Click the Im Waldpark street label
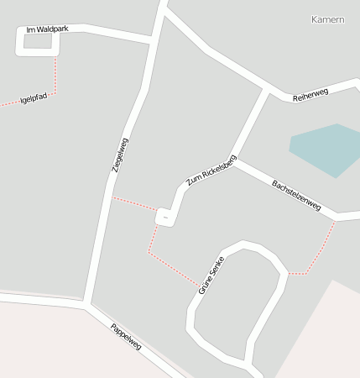tap(47, 29)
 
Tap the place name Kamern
tap(327, 19)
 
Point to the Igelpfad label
tap(34, 99)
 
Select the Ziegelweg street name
tap(120, 155)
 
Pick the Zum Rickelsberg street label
tap(211, 171)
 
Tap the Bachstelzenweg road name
tap(296, 194)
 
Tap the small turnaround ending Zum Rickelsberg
tap(166, 217)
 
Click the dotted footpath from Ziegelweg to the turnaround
tap(134, 203)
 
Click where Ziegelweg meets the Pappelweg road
tap(88, 304)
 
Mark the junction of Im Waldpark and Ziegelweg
tap(152, 39)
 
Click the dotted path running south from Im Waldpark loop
tap(55, 76)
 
